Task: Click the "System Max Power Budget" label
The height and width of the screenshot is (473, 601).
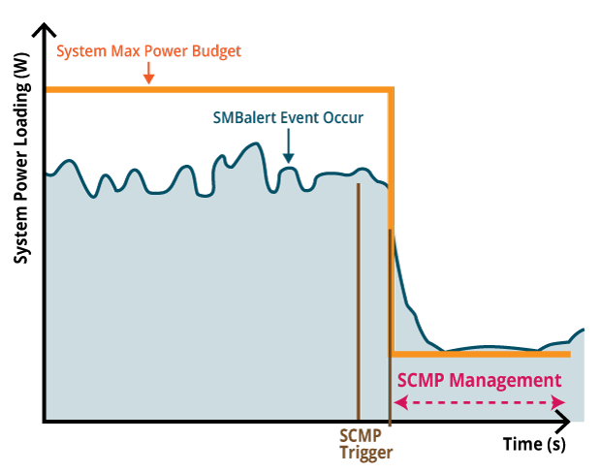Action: [x=147, y=51]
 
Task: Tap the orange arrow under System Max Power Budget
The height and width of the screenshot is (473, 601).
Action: [x=147, y=74]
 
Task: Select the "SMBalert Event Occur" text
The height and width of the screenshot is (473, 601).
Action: [x=288, y=118]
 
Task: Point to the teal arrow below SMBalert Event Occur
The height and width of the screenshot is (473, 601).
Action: [x=288, y=146]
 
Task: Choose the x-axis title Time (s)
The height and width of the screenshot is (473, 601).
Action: [x=534, y=445]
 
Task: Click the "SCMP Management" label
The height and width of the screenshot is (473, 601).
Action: [x=479, y=380]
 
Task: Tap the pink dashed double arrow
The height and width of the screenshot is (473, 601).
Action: [x=479, y=401]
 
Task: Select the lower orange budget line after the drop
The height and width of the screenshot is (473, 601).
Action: [x=480, y=354]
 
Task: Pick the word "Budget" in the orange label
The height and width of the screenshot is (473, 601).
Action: [x=215, y=51]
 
